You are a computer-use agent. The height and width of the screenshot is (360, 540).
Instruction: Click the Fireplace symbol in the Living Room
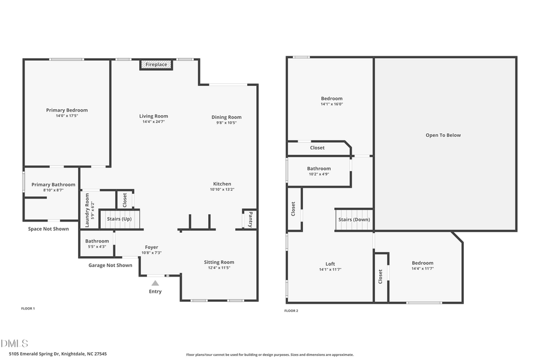156,64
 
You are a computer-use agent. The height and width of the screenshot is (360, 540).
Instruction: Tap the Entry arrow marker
155,283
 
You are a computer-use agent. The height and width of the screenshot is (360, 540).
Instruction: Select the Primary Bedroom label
67,110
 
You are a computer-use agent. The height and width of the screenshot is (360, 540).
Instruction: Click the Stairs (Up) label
119,219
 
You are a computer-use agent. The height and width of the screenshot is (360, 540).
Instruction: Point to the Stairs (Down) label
354,219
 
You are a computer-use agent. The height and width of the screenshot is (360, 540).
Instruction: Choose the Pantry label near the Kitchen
250,219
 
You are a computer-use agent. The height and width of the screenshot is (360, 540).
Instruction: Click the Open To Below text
443,135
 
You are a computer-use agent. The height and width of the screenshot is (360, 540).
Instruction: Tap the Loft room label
330,263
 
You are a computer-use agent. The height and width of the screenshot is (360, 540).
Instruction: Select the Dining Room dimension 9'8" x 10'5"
226,123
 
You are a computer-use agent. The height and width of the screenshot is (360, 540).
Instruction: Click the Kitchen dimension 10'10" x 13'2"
221,190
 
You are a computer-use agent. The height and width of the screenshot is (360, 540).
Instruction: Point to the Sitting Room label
219,262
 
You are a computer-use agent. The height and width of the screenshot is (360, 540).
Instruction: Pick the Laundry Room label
88,209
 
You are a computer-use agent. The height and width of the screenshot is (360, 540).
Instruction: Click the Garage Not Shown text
110,265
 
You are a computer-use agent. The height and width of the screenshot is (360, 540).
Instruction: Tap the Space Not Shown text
48,229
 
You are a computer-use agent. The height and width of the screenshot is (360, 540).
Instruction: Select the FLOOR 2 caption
291,311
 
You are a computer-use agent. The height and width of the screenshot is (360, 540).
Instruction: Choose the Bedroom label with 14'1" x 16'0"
331,98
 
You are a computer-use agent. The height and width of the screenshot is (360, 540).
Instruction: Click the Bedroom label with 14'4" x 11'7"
422,263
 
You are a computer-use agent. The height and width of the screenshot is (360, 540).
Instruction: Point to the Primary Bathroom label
53,184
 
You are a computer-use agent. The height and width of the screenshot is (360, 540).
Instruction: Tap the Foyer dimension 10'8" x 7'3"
151,253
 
